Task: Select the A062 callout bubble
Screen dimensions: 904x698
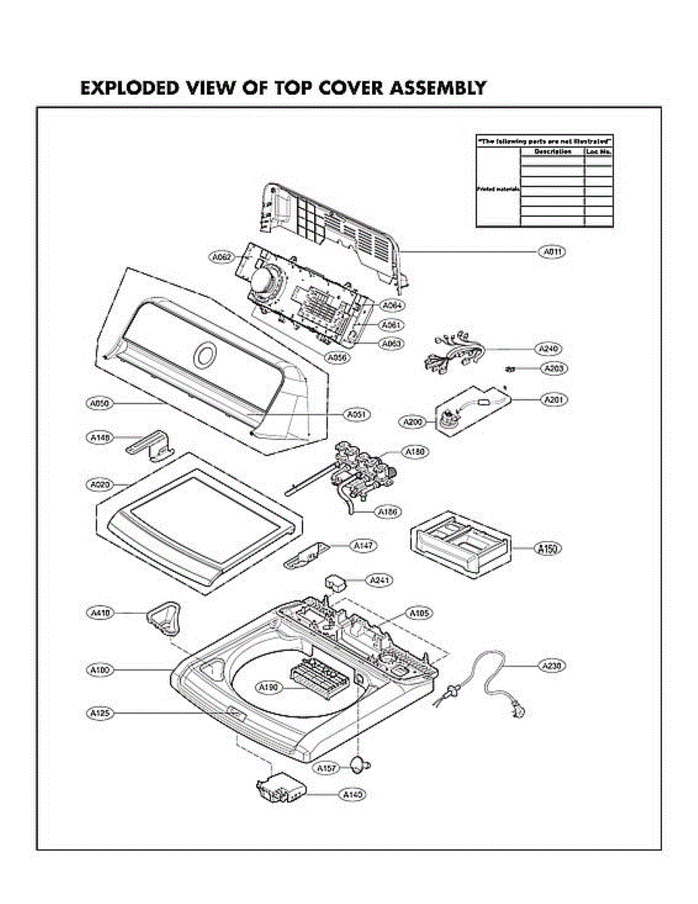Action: click(x=222, y=257)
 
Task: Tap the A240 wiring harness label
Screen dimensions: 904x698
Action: click(x=548, y=349)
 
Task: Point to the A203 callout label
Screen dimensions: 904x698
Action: click(x=554, y=368)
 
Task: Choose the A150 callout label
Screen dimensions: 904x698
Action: click(x=548, y=549)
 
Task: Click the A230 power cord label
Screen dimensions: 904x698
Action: click(x=552, y=666)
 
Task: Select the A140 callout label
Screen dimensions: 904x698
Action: click(x=353, y=794)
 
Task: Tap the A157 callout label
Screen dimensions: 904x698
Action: click(x=326, y=768)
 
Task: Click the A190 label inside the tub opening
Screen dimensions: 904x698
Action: click(x=269, y=687)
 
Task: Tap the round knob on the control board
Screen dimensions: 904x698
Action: click(x=265, y=282)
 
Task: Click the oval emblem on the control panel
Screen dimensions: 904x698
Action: click(x=203, y=355)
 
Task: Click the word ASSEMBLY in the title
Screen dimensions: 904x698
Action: click(x=437, y=88)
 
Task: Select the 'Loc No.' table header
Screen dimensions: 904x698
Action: click(x=599, y=151)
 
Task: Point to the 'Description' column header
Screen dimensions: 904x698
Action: click(x=552, y=151)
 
